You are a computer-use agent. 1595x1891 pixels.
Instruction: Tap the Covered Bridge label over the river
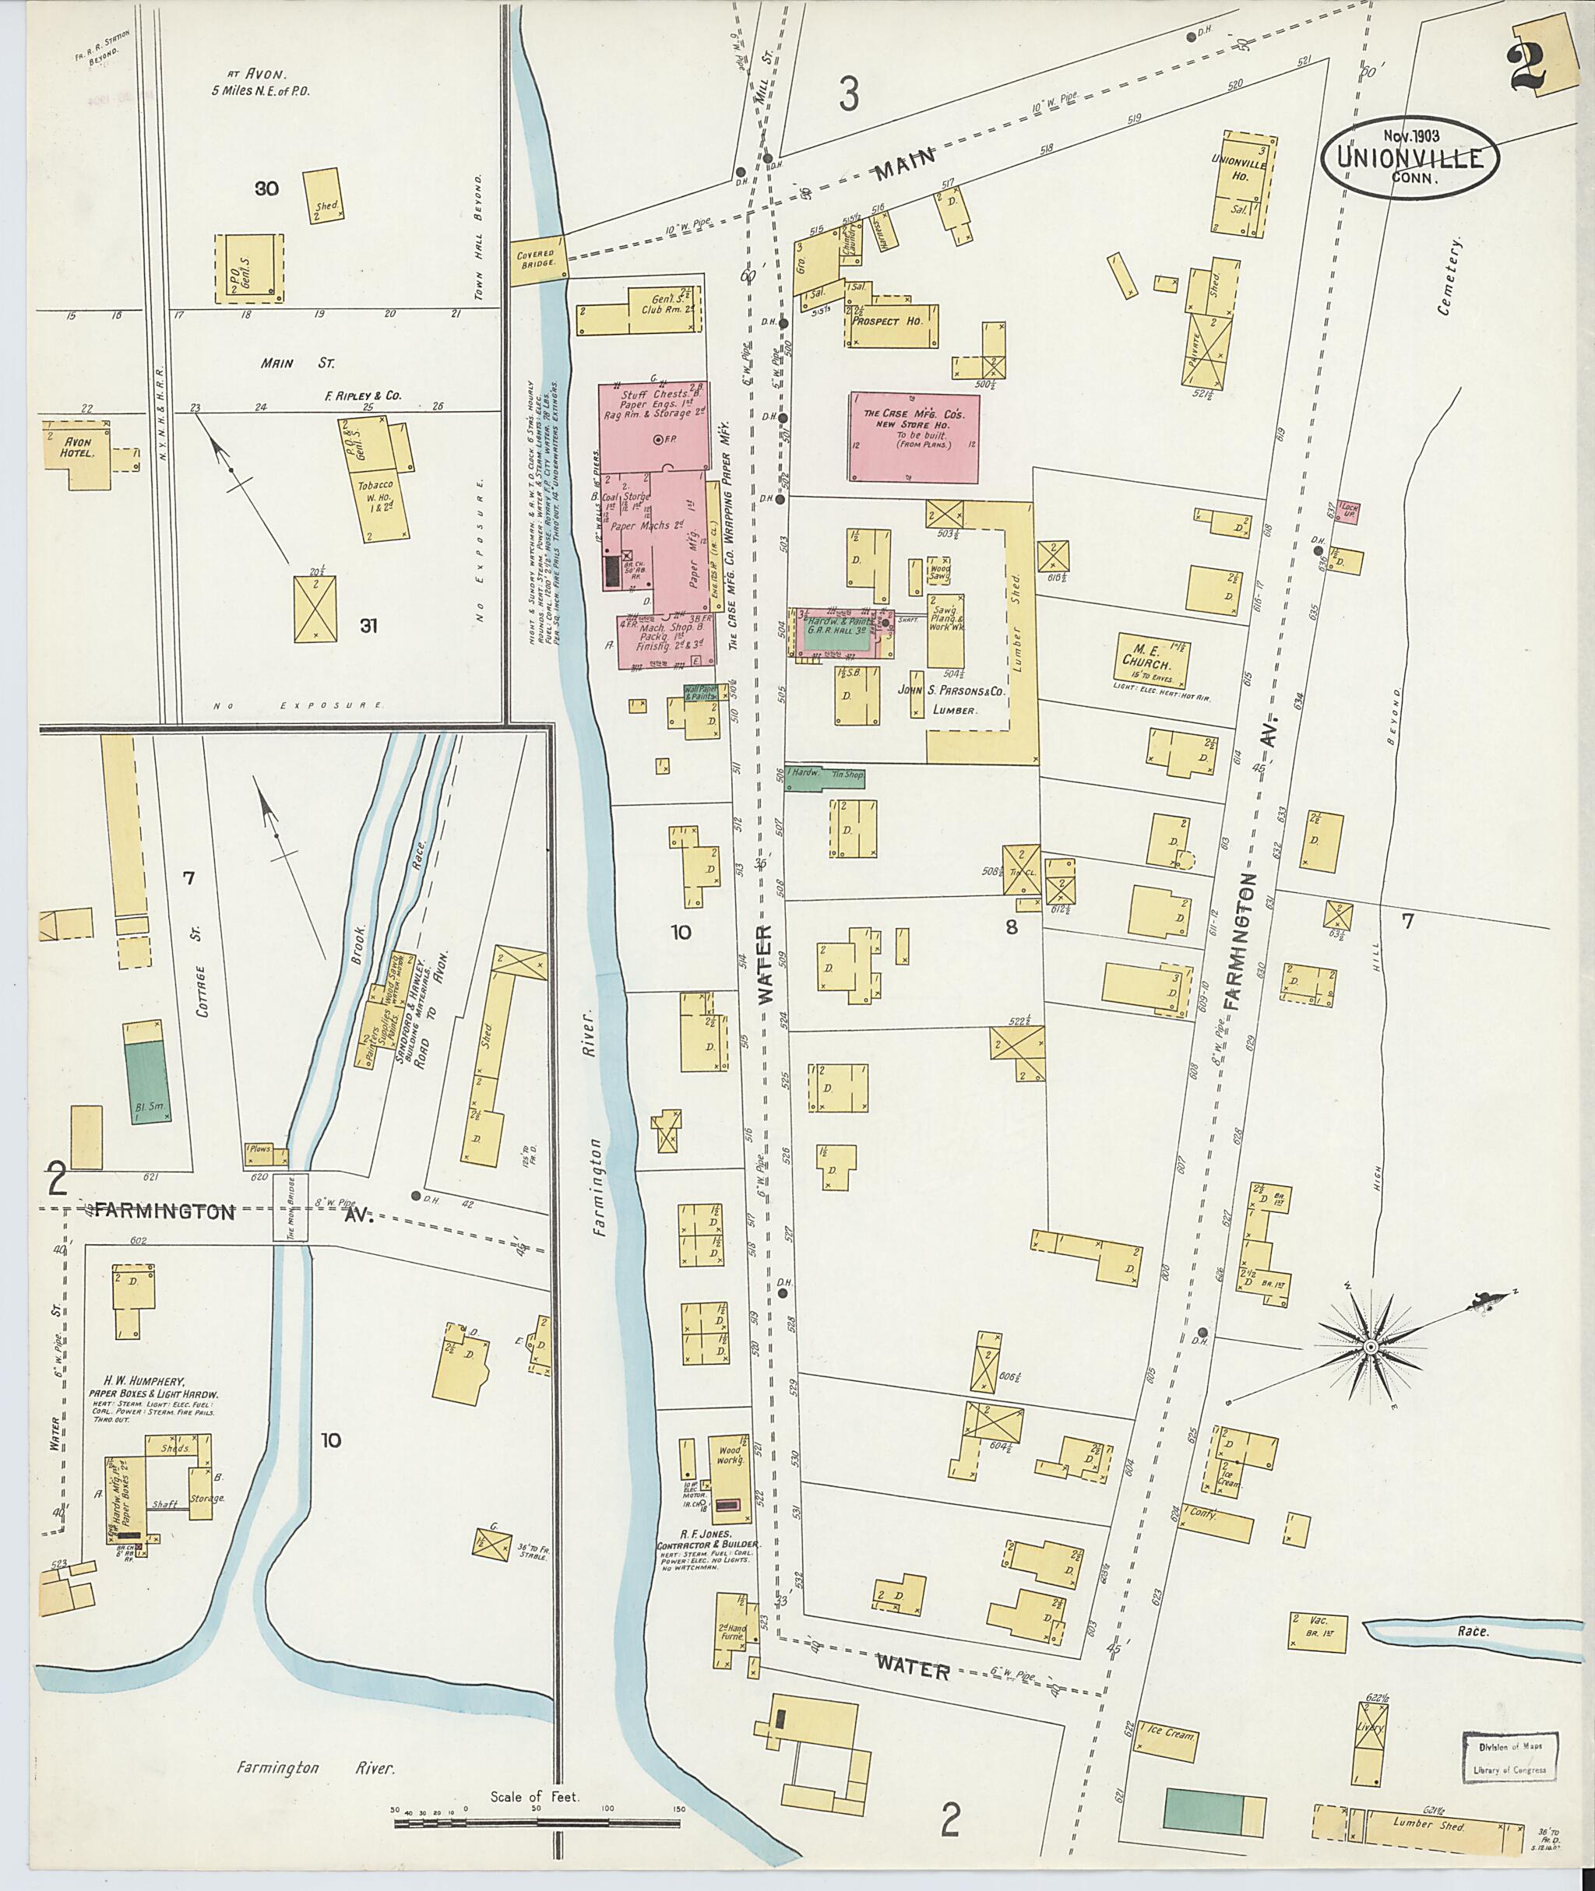[539, 260]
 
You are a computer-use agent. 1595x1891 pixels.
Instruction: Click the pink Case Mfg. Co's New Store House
[914, 438]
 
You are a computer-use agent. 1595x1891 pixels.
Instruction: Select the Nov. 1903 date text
[1410, 136]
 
